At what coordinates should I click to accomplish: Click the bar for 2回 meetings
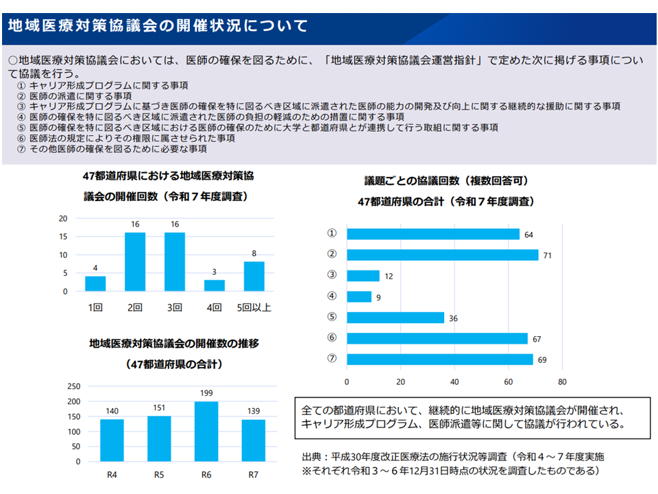coord(135,262)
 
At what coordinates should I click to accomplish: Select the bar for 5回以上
coord(254,277)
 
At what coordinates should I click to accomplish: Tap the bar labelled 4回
coord(214,285)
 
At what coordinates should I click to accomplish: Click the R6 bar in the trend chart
coord(206,432)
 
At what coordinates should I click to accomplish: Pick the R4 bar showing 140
coord(112,440)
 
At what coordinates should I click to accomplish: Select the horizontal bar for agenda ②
coord(442,255)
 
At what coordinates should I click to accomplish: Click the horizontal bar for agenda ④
coord(359,297)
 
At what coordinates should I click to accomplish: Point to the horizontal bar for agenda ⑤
coord(395,318)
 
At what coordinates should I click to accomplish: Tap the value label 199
coord(206,394)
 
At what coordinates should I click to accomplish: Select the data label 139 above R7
coord(254,412)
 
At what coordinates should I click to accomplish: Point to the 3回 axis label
coord(174,307)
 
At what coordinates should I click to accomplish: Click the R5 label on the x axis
coord(159,474)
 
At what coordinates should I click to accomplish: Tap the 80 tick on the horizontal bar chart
coord(562,381)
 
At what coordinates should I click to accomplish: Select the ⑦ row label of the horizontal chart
coord(332,360)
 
